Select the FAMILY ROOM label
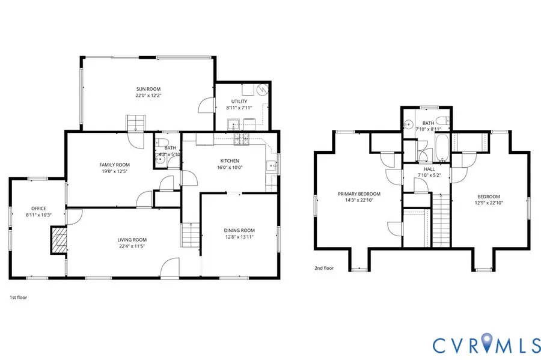114,165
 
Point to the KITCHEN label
230,160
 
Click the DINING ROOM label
239,230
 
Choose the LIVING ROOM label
132,240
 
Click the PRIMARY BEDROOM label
359,194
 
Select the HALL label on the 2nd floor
429,169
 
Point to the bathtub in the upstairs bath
443,150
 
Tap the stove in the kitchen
242,139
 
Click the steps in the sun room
135,123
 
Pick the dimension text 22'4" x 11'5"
132,246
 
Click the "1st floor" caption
18,297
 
